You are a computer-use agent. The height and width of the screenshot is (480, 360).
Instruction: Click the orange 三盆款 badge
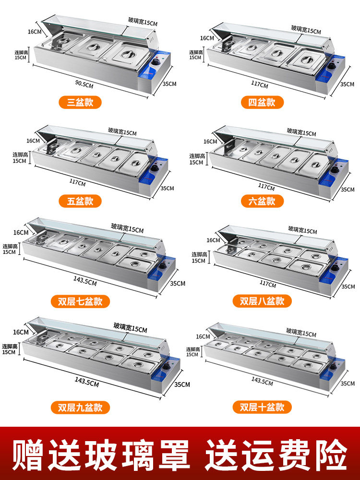coord(80,102)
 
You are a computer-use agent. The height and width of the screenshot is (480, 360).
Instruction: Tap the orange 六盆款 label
coord(262,201)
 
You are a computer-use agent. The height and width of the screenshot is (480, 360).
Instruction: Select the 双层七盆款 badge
coord(80,301)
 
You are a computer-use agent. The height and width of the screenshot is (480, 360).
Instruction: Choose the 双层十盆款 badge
coord(262,407)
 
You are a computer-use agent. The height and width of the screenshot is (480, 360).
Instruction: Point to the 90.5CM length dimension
coord(84,84)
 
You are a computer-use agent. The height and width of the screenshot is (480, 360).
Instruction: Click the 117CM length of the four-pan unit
coord(260,84)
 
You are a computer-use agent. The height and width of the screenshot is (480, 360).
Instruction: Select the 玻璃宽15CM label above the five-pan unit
coord(122,132)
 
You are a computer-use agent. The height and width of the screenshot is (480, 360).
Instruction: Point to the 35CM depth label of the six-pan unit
coord(348,190)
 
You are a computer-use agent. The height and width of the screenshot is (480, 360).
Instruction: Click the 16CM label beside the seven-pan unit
coord(21,233)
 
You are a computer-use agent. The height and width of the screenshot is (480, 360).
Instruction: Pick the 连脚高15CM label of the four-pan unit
coord(196,55)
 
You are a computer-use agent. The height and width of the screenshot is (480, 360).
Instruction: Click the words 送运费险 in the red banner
coord(276,455)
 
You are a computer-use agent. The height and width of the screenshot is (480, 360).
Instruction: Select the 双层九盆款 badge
coord(80,408)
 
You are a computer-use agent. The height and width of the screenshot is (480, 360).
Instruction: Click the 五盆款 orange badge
coord(80,201)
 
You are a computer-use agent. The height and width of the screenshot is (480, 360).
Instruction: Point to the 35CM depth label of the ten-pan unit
coord(348,383)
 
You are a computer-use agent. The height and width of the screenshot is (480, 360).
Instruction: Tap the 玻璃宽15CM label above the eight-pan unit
coord(302,230)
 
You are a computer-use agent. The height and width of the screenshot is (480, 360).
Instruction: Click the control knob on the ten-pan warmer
coord(334,366)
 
